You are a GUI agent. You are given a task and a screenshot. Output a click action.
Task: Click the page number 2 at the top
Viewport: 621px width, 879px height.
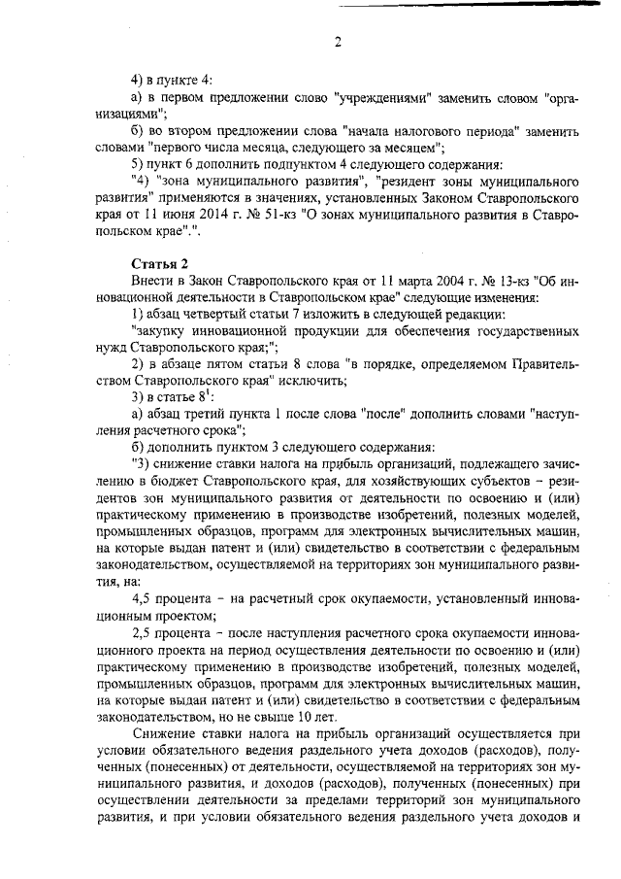[x=338, y=42]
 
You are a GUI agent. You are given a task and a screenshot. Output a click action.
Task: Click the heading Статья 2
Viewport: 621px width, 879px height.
[x=158, y=263]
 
